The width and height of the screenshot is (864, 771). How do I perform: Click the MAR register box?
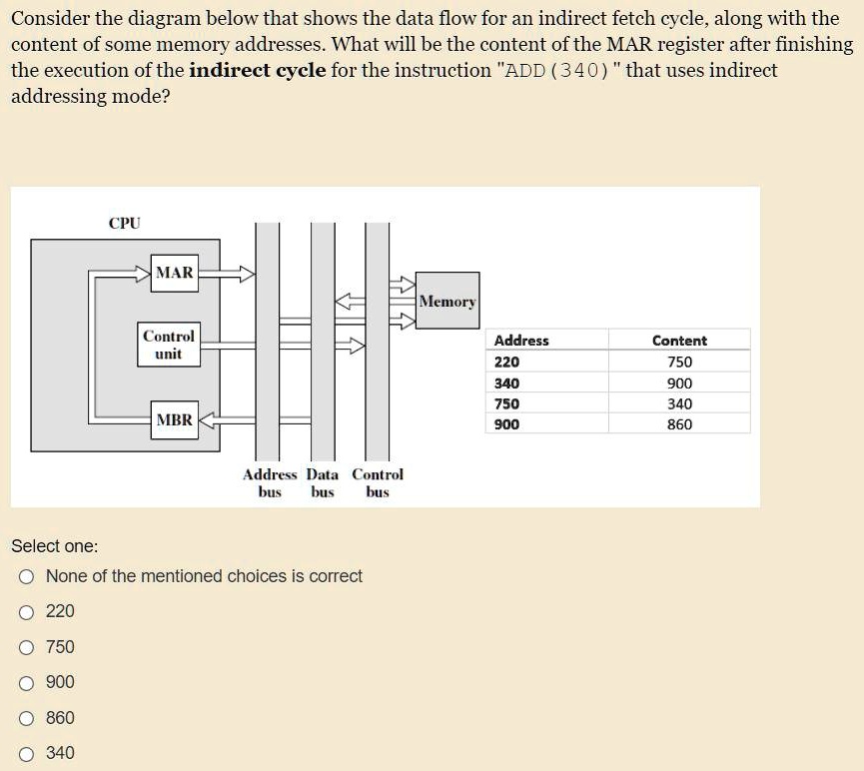tap(175, 273)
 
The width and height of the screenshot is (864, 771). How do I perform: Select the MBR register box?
tap(174, 420)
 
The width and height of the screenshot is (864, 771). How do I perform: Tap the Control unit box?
tap(168, 345)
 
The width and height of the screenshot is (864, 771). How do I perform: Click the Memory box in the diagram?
tap(447, 302)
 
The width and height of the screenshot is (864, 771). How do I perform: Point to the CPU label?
tap(125, 224)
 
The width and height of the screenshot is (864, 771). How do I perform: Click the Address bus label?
tap(270, 483)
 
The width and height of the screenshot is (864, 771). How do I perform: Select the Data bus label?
tap(323, 483)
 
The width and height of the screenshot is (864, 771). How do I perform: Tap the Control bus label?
tap(378, 483)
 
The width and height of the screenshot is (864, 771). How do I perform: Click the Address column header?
tap(521, 341)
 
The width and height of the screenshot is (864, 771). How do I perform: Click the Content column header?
tap(679, 341)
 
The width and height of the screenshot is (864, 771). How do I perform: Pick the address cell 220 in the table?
tap(507, 363)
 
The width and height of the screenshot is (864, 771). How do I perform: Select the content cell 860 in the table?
tap(679, 424)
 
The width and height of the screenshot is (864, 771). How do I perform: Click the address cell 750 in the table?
tap(507, 403)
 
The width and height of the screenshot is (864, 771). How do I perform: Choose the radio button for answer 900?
tap(27, 682)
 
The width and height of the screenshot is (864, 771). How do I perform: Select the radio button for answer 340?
tap(27, 753)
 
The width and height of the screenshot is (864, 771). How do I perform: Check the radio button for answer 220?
tap(27, 611)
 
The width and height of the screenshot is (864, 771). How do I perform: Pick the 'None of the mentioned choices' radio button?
tap(27, 576)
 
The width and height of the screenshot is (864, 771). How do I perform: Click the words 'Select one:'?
tap(54, 546)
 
